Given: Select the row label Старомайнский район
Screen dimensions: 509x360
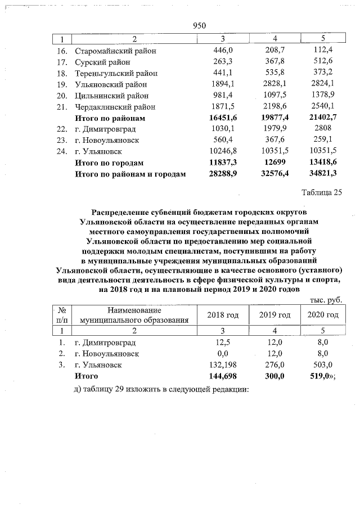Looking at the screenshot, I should click(x=115, y=51).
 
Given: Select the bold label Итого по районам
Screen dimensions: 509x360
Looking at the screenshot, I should click(x=110, y=118).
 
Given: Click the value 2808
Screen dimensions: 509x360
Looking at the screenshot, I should click(x=327, y=129).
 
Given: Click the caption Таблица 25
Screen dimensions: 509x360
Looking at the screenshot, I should click(x=322, y=192).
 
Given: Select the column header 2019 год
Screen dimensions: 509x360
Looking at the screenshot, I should click(x=274, y=315).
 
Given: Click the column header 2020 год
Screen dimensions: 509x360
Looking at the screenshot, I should click(x=322, y=315).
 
